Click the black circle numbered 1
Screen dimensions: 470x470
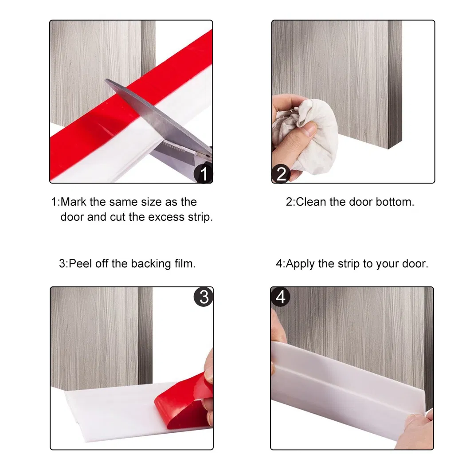[204, 173]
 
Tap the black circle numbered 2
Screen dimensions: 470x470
[281, 173]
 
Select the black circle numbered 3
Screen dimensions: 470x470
[204, 297]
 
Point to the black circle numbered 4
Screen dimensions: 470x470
[281, 297]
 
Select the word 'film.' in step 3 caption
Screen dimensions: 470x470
[183, 264]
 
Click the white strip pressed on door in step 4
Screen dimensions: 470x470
[350, 377]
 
